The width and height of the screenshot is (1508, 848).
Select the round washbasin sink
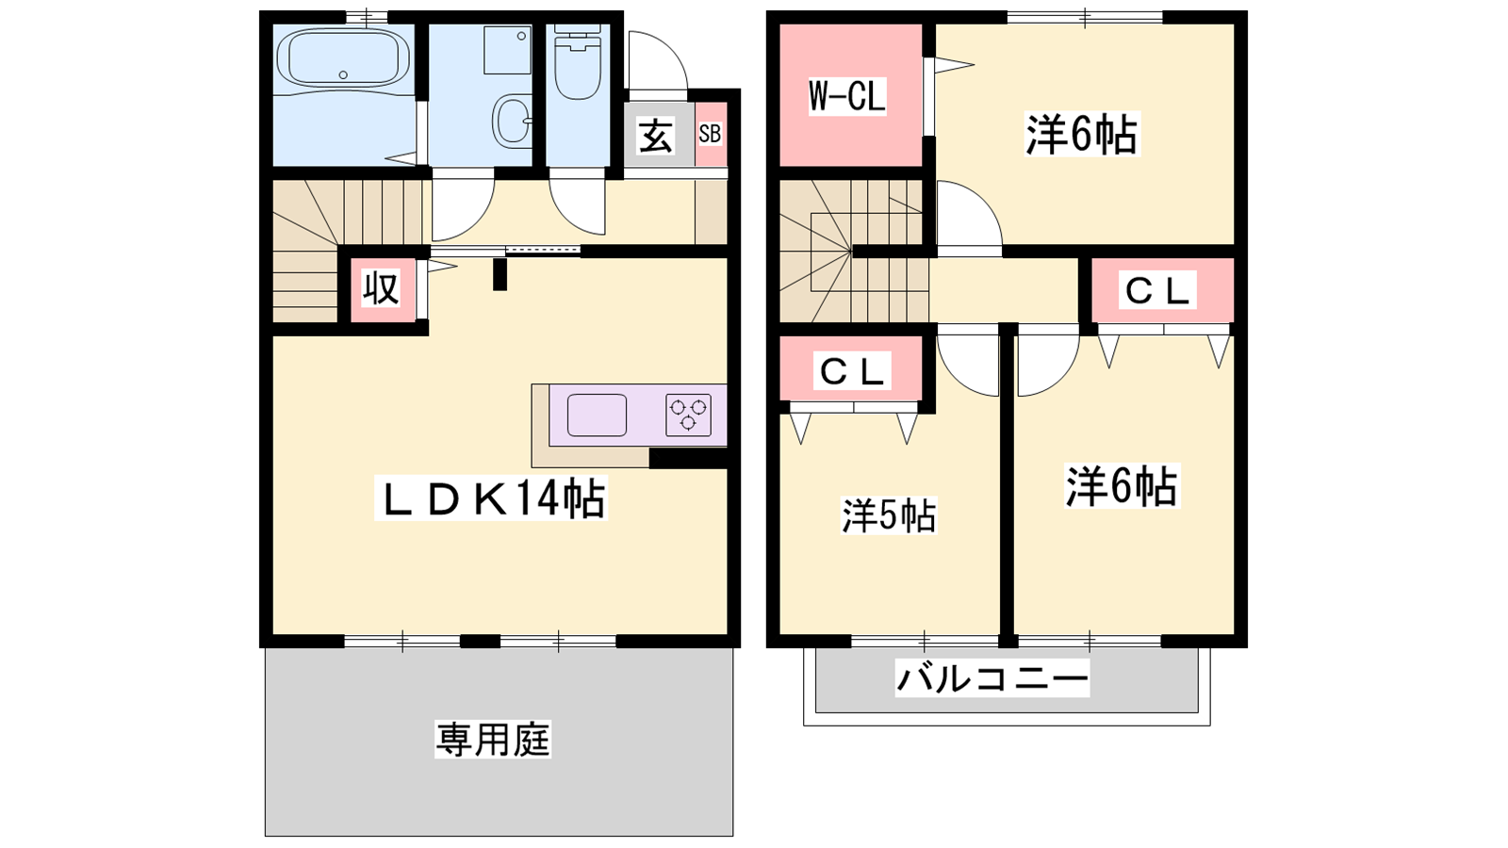tap(513, 120)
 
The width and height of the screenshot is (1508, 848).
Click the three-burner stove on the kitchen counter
tap(688, 415)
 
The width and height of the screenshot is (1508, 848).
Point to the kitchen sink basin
tap(597, 415)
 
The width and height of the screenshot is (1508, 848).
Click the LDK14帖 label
tap(491, 498)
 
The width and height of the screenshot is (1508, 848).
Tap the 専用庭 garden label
tap(493, 739)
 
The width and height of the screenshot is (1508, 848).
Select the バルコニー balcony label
tap(992, 677)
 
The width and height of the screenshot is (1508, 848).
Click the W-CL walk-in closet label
tap(847, 95)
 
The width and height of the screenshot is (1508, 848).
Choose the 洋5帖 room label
tap(889, 516)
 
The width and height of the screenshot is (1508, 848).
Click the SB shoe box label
tap(711, 134)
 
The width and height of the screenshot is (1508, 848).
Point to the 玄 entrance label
tap(656, 137)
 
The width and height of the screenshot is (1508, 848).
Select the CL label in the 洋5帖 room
tap(852, 371)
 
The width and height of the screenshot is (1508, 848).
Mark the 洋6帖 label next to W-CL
tap(1082, 135)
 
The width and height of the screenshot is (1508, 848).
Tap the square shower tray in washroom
tap(508, 50)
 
